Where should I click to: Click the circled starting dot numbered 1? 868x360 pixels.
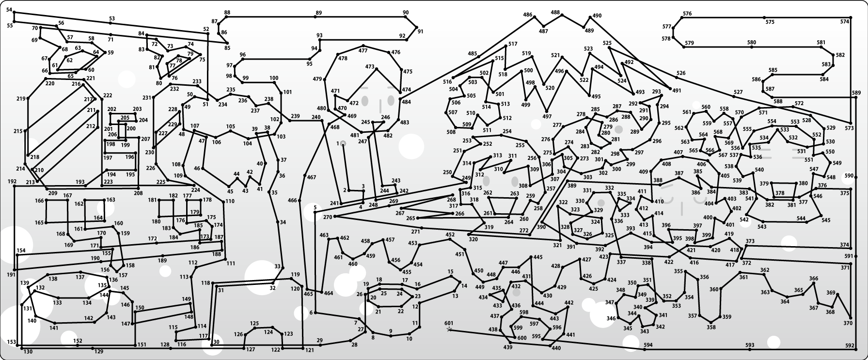[x=343, y=143]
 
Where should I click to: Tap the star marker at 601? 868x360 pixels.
[x=449, y=329]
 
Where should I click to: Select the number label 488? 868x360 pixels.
[x=555, y=13]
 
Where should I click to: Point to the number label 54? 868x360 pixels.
[x=10, y=10]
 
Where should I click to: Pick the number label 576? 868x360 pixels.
[x=687, y=14]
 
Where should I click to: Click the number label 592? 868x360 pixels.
[x=850, y=345]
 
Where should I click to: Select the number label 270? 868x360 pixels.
[x=328, y=217]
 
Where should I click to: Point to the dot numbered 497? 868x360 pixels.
[x=547, y=111]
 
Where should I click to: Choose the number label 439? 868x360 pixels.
[x=508, y=347]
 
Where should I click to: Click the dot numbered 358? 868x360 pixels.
[x=711, y=322]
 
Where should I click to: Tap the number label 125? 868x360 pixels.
[x=254, y=323]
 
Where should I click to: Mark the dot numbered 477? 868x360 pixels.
[x=363, y=47]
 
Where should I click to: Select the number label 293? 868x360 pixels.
[x=657, y=92]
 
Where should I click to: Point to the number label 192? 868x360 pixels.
[x=12, y=181]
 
